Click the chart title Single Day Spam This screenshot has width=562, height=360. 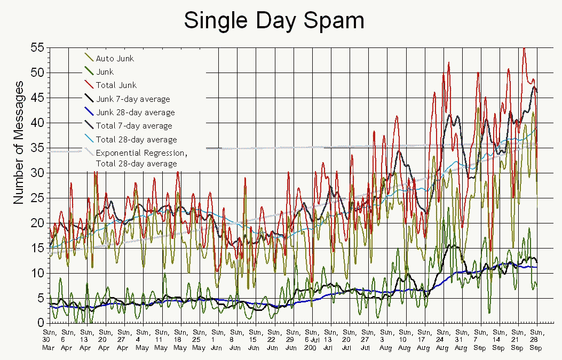(274, 21)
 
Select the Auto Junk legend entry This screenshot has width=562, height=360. (115, 58)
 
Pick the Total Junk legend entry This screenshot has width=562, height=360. (116, 85)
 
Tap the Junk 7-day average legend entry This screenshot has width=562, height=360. (133, 99)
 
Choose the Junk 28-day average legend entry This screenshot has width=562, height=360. (135, 113)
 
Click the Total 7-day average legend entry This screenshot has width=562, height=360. (134, 126)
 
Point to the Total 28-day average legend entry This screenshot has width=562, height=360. (136, 140)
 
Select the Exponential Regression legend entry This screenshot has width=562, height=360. (141, 153)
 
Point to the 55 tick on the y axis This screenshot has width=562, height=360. (36, 47)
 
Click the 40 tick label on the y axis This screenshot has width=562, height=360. (36, 123)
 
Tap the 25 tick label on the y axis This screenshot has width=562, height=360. (36, 198)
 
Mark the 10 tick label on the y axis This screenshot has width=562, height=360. (36, 273)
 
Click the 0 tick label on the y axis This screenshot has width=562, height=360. (39, 323)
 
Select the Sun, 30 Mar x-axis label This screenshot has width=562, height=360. (48, 340)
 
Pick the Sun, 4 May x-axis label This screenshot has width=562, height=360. (141, 340)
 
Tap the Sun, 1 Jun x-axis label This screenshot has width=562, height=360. (217, 340)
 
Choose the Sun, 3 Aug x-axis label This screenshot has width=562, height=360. (385, 340)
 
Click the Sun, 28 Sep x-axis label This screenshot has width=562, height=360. (536, 340)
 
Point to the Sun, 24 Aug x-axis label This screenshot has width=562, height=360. (442, 340)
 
